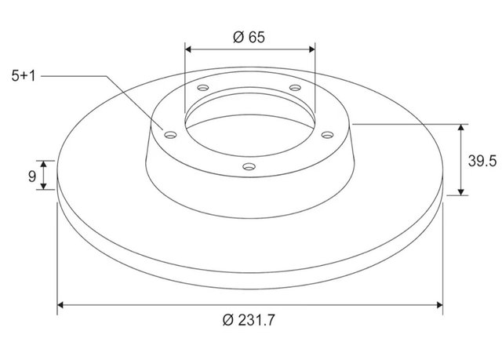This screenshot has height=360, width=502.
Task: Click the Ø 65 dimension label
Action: [249, 37]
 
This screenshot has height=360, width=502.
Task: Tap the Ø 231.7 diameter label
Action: [249, 320]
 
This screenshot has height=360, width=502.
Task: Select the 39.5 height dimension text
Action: [482, 161]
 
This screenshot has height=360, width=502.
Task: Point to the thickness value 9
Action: [32, 176]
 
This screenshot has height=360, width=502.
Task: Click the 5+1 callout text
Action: [24, 76]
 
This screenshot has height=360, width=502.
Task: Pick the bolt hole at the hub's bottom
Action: [249, 167]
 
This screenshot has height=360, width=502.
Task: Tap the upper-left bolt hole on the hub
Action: [203, 87]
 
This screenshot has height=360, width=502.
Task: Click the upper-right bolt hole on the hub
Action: [295, 87]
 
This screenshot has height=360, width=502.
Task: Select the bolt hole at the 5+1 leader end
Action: [170, 135]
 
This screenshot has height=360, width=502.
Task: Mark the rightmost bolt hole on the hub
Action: [327, 135]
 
